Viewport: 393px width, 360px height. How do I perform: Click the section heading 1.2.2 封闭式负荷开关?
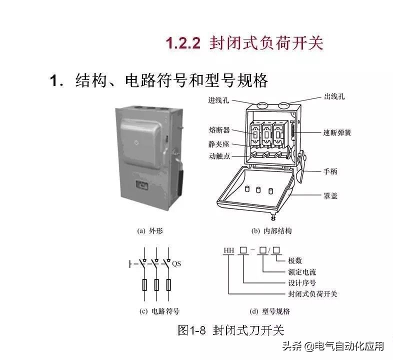[x=244, y=43]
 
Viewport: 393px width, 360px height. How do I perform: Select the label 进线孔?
[x=218, y=100]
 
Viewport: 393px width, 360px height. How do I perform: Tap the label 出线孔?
[x=334, y=96]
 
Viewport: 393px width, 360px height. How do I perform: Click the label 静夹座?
[x=219, y=143]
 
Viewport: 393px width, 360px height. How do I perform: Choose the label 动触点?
[x=219, y=156]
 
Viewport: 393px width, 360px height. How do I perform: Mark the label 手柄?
[x=330, y=171]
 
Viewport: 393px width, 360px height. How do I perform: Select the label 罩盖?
[x=330, y=195]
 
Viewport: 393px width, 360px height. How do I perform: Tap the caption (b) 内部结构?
[x=271, y=231]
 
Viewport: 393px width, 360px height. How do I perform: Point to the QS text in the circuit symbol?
[x=176, y=263]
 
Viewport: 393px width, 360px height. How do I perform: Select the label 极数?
[x=295, y=261]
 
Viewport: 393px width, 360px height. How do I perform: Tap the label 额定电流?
[x=302, y=272]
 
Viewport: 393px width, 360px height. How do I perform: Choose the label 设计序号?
[x=302, y=282]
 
